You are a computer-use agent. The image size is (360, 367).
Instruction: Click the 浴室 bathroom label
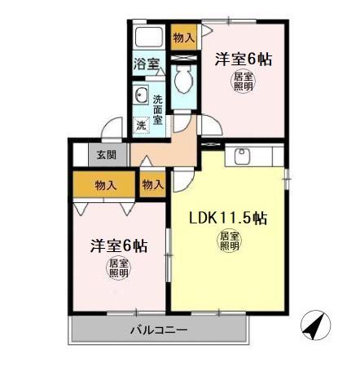click(147, 63)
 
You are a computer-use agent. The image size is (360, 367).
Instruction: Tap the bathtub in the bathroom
click(149, 38)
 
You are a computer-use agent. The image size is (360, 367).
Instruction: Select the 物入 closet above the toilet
click(184, 38)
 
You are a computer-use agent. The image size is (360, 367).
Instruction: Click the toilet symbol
click(184, 79)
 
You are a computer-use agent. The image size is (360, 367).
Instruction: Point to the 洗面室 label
click(158, 105)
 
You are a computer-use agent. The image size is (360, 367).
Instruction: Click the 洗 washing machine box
click(142, 125)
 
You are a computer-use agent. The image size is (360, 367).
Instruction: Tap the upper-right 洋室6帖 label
click(243, 60)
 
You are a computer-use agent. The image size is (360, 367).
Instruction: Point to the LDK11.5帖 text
click(229, 219)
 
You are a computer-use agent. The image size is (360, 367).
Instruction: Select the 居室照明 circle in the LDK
click(228, 241)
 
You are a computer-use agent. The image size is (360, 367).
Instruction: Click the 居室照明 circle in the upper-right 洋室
click(243, 82)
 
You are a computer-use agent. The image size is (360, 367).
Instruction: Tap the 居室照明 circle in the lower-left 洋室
click(119, 268)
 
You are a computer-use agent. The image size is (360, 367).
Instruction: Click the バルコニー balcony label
click(159, 330)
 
